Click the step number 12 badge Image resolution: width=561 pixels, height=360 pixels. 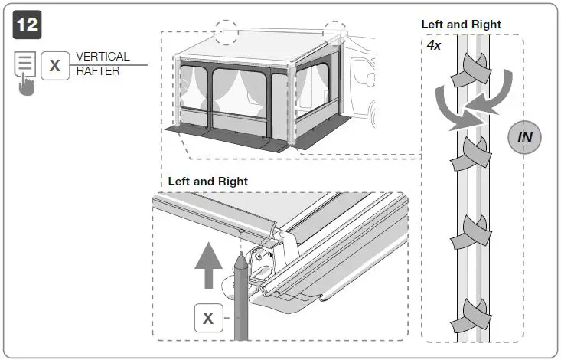coord(27,24)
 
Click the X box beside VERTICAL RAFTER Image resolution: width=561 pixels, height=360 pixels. coord(54,65)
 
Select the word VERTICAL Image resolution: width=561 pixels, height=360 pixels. coord(103,57)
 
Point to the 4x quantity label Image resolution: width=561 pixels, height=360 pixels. coord(434,45)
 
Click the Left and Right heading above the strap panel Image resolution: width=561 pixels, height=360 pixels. coord(461,25)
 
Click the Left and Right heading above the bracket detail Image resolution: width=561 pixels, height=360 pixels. coord(207,182)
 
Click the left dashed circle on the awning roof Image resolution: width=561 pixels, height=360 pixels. coord(227,32)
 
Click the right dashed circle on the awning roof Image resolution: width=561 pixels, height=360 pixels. coord(334,34)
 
